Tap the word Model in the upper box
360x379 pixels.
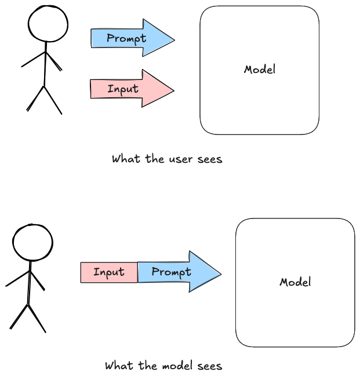click(x=260, y=70)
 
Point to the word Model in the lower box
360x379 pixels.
click(x=295, y=282)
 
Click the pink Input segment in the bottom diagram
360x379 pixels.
click(x=109, y=272)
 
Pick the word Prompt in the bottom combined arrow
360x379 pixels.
click(x=172, y=272)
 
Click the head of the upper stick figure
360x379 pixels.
click(x=48, y=23)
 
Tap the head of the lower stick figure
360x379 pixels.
click(x=32, y=242)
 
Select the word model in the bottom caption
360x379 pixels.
click(x=177, y=366)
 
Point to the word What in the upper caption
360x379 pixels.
click(x=126, y=159)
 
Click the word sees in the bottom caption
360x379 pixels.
click(x=210, y=366)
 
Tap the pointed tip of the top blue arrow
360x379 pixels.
click(x=174, y=40)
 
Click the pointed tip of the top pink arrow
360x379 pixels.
click(x=174, y=90)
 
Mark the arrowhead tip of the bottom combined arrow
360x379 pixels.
click(x=221, y=274)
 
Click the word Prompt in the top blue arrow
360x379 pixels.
click(x=126, y=39)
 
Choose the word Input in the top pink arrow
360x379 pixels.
click(x=123, y=89)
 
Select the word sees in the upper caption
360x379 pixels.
click(x=210, y=160)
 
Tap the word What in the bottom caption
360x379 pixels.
click(x=119, y=366)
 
